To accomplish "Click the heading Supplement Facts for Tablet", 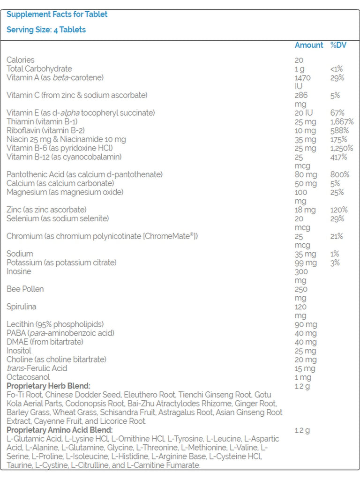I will coord(57,15).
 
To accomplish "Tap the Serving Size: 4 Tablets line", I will coord(46,30).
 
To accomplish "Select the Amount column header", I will coord(308,45).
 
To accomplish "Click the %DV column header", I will coord(338,45).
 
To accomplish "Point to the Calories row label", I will coord(21,60).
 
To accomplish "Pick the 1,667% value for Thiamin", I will coord(342,122).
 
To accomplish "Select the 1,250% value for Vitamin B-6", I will coord(342,148).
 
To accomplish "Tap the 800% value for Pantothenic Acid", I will coord(340,174).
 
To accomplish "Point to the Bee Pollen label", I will coord(25,289).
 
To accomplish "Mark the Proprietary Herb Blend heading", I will coord(48,386).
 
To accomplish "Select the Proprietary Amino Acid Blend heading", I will coord(60,430).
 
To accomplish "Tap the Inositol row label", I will coord(19,351).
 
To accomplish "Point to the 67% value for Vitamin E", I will coord(337,113).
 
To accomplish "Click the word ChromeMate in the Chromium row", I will coord(171,236).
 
